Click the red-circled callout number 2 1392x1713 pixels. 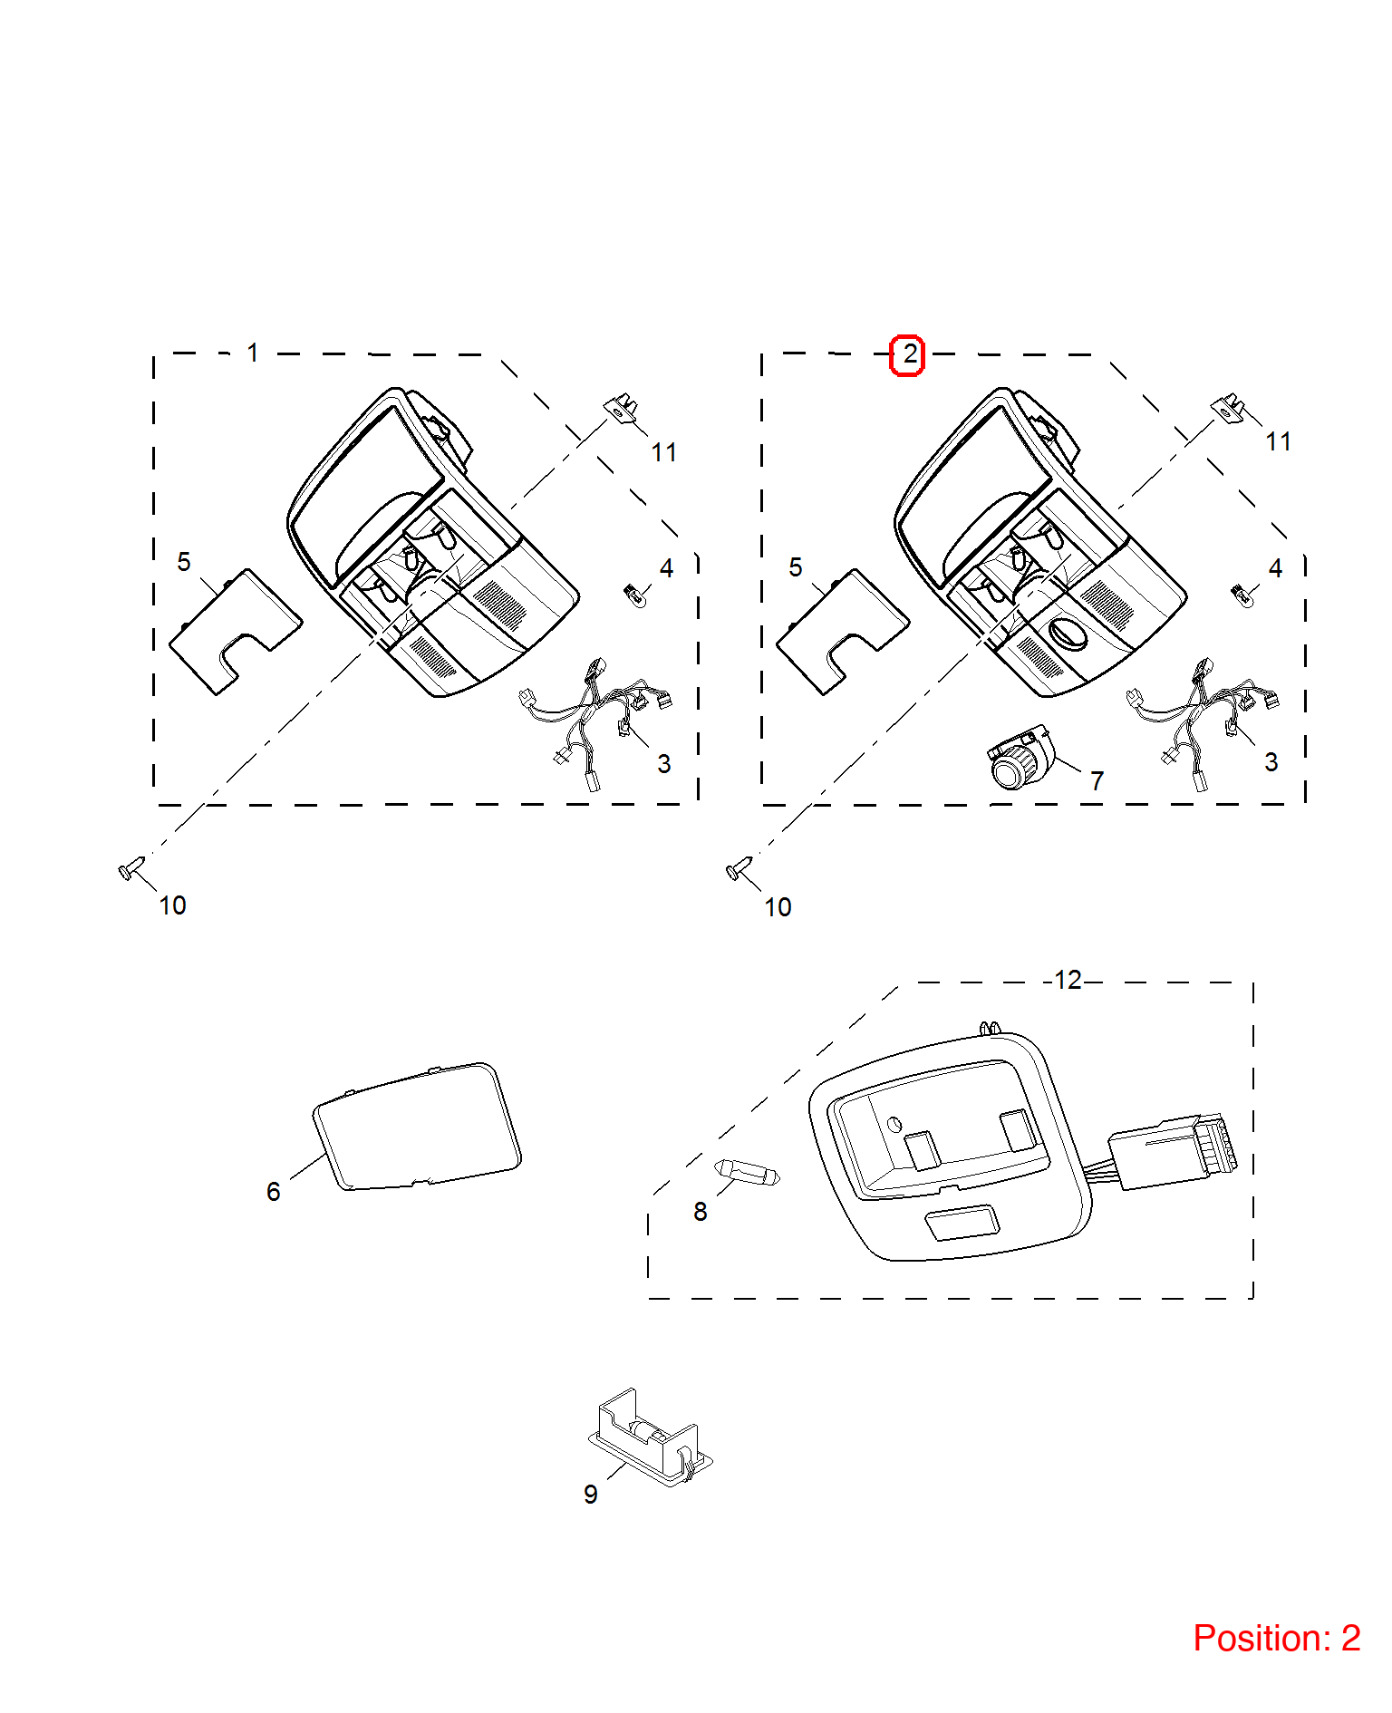pos(907,355)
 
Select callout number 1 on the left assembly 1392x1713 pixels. pos(253,353)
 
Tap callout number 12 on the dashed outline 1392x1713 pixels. pos(1068,980)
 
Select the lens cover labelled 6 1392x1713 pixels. pos(417,1127)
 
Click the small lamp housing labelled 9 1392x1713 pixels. pos(650,1437)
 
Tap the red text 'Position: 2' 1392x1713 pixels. pos(1276,1638)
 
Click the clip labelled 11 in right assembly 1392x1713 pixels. pos(1228,407)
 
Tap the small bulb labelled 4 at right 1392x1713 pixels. pos(1244,595)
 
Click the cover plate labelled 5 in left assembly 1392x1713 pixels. pos(236,632)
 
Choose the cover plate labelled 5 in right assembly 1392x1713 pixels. pos(843,632)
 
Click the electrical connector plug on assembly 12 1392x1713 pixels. pos(1173,1152)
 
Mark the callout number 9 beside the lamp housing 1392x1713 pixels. pos(591,1495)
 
